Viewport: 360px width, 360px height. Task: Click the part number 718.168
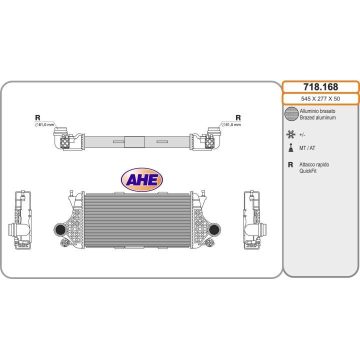tap(320, 87)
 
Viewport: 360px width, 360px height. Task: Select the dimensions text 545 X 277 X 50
tap(320, 98)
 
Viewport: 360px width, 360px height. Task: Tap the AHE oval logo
tap(142, 179)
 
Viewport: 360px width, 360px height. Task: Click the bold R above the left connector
tap(37, 117)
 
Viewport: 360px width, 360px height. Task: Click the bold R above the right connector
tap(238, 117)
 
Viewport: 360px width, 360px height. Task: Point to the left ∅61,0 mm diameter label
tap(44, 124)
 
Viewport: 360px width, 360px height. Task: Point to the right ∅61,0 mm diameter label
tap(231, 124)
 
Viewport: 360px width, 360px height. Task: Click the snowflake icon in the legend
tap(291, 134)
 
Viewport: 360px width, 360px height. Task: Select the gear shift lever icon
tap(291, 147)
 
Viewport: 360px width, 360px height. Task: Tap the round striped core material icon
tap(291, 113)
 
